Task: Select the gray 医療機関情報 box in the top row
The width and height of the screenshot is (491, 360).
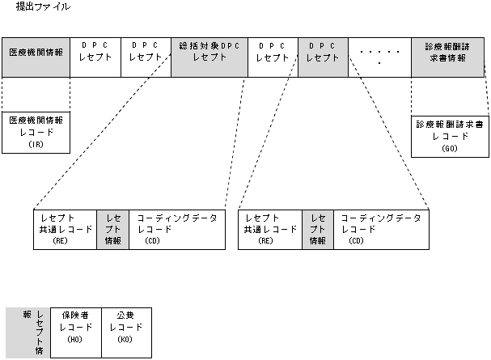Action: point(36,57)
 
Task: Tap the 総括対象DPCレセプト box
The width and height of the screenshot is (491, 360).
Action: point(210,57)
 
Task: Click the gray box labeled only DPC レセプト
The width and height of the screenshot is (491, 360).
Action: point(323,57)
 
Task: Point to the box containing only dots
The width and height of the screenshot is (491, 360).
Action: point(379,57)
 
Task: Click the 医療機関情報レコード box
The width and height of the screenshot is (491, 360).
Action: point(36,131)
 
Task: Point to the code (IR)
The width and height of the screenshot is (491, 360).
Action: point(36,144)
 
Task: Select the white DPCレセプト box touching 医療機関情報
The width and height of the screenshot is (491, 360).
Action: point(96,57)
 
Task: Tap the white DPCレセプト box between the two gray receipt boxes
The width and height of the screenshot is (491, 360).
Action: point(273,57)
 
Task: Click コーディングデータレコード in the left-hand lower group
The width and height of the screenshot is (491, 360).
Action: point(177,229)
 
